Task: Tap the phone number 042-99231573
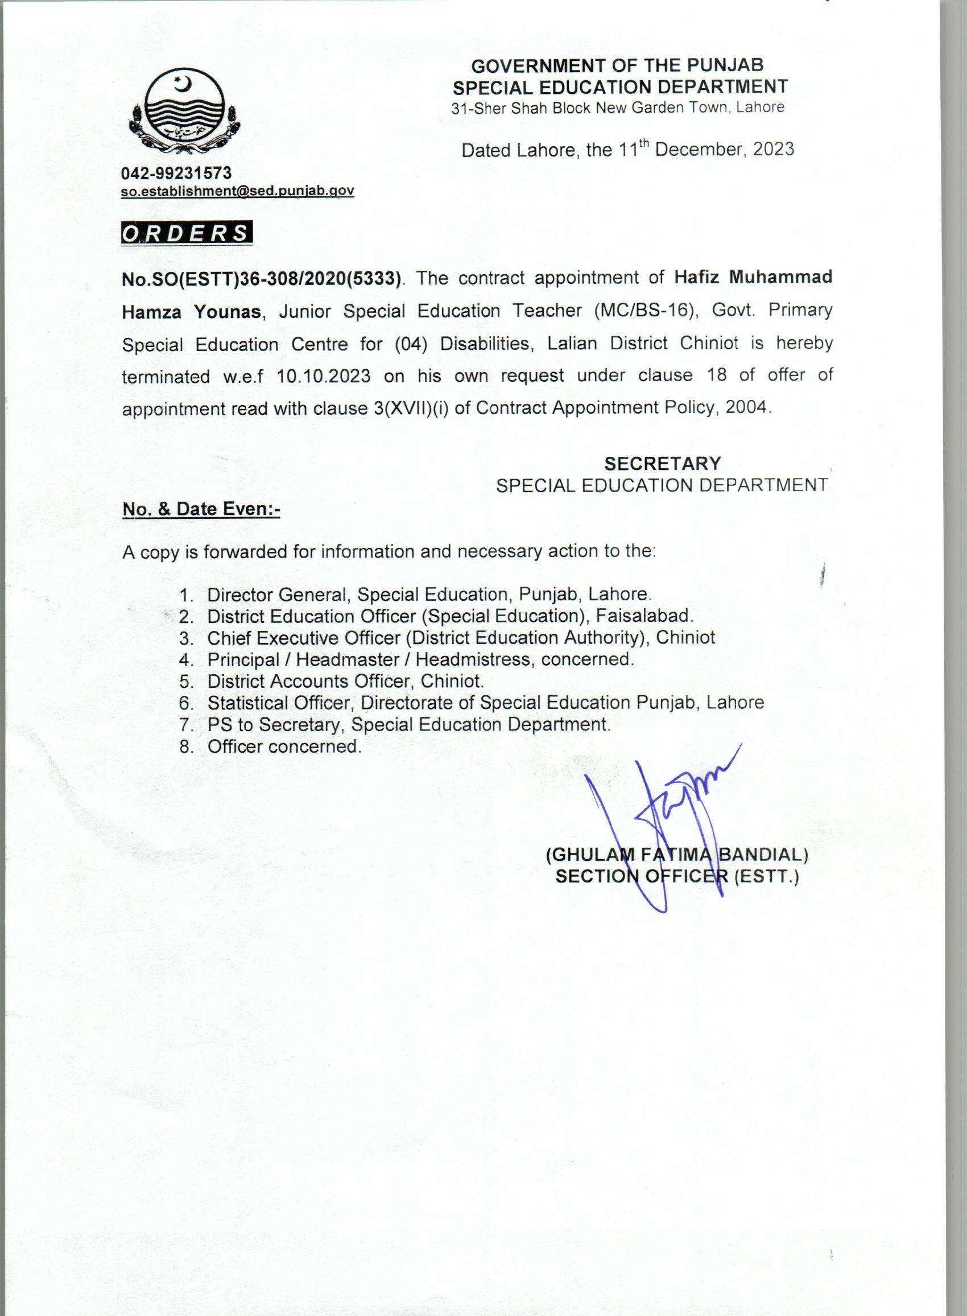pos(176,174)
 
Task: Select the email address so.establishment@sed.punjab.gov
pos(237,191)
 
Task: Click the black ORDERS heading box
pos(186,233)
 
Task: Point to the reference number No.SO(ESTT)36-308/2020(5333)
pos(261,279)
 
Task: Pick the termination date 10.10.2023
pos(324,376)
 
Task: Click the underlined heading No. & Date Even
pos(201,509)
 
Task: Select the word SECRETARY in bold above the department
pos(663,464)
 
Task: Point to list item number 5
pos(187,682)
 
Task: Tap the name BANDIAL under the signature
pos(762,855)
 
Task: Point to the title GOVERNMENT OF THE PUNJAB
pos(618,65)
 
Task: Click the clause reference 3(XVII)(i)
pos(411,408)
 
